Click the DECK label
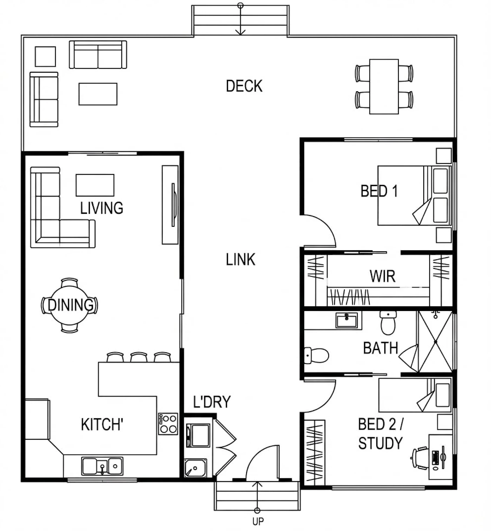coord(244,86)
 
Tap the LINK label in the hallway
coord(241,259)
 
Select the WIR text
coord(382,276)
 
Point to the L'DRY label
coord(212,401)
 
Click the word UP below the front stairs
coord(258,521)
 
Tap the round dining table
coord(69,305)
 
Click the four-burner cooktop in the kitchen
coord(168,424)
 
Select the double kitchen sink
coord(102,466)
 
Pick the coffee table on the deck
coord(98,94)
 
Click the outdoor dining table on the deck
coord(384,87)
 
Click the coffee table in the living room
coord(95,185)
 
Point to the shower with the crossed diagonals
coord(435,342)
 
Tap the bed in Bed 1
coord(414,195)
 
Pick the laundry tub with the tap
coord(195,468)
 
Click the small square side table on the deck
coord(46,57)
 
